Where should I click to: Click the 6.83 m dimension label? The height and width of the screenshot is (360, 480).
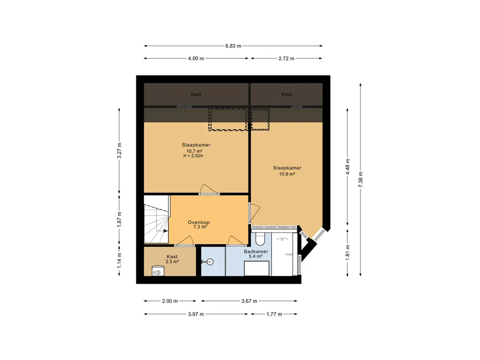233,46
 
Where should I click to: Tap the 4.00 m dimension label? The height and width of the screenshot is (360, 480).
196,58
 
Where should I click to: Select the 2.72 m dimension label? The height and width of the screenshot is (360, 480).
286,58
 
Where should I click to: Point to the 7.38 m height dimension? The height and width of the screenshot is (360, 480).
360,180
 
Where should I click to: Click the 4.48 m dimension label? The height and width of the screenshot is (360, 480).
347,167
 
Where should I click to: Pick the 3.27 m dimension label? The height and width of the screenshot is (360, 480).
120,150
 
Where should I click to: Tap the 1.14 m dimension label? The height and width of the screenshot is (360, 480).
120,260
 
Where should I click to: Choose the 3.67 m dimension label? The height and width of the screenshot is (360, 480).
249,301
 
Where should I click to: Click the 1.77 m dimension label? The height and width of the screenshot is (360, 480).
274,314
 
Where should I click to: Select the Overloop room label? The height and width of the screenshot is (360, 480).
199,223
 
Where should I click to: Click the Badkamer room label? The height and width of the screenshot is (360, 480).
256,251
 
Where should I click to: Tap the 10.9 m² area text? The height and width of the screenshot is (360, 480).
287,174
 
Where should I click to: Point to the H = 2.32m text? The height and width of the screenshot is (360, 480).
193,156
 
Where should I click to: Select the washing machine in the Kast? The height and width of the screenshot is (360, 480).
158,271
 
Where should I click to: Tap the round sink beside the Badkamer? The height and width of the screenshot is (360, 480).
210,262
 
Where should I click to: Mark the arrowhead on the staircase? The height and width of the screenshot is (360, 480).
165,231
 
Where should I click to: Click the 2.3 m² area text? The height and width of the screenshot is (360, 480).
172,262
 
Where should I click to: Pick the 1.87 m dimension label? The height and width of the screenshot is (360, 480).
120,219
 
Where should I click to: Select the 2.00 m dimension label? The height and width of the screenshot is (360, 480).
170,301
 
